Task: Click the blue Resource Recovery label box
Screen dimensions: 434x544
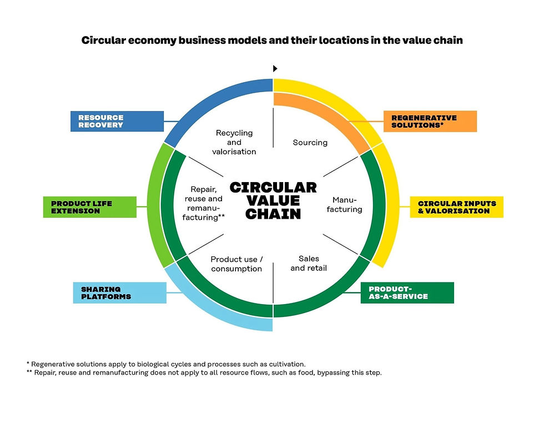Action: [117, 121]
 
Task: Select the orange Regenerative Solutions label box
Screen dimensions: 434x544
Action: [430, 121]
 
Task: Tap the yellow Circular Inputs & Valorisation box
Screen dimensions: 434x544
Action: [456, 207]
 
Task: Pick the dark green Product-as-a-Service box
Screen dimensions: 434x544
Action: [407, 293]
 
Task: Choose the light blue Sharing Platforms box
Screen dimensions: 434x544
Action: [119, 292]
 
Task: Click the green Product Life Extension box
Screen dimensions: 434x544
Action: [89, 207]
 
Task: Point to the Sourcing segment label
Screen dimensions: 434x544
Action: [310, 143]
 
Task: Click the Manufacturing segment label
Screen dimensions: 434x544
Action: [347, 204]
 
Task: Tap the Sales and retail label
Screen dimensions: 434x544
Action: [309, 264]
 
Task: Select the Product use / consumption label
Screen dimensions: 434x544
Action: [236, 264]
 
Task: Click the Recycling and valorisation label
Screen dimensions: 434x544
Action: [234, 142]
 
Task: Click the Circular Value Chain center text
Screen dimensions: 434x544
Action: [273, 200]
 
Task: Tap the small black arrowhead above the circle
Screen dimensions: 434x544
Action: [275, 68]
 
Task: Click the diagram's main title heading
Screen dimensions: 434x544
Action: [272, 40]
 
